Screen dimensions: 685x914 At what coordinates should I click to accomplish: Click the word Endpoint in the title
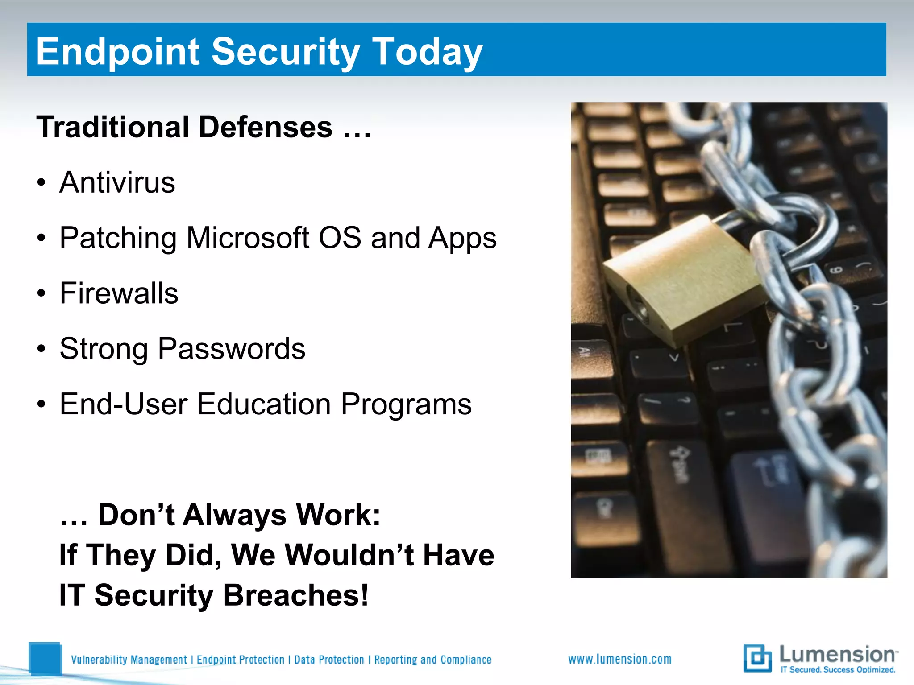coord(117,52)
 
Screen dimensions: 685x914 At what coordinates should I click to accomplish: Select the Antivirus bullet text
coord(117,182)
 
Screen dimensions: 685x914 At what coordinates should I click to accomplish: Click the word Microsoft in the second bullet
coord(248,238)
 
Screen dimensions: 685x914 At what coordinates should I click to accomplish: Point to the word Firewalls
coord(119,293)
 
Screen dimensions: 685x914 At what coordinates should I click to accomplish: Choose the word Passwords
coord(232,349)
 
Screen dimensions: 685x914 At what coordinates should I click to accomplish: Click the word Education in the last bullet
coord(263,404)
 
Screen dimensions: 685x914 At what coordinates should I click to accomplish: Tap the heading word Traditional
coord(113,127)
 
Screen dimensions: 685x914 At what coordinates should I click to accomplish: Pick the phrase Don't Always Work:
coord(239,515)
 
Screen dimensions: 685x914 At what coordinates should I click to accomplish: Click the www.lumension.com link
coord(620,659)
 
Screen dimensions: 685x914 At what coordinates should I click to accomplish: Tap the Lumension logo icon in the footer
coord(757,658)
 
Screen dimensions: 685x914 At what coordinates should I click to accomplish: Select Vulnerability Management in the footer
coord(129,660)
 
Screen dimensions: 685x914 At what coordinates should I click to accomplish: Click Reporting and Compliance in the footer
coord(432,660)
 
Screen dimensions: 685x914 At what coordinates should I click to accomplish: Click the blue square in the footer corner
coord(45,658)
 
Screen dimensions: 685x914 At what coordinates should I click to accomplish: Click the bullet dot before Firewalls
coord(42,294)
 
